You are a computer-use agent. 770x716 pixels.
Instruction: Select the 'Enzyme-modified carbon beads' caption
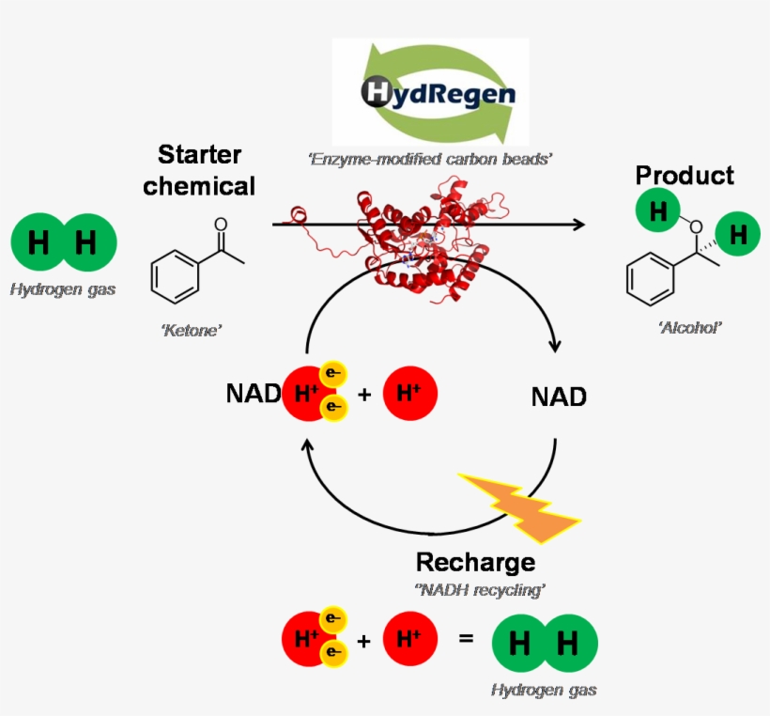430,160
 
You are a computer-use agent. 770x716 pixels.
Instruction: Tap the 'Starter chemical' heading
199,170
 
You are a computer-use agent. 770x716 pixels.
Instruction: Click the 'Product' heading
685,176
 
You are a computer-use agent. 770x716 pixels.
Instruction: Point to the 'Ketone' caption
191,330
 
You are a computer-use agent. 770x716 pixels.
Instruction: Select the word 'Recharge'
475,562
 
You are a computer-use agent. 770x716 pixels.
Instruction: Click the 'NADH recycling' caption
481,589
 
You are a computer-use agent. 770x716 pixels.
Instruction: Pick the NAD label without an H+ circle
559,397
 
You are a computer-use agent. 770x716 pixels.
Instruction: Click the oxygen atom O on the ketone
221,225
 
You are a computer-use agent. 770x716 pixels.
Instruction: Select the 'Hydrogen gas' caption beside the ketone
63,289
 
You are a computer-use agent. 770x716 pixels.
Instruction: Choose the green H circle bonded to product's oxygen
658,211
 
